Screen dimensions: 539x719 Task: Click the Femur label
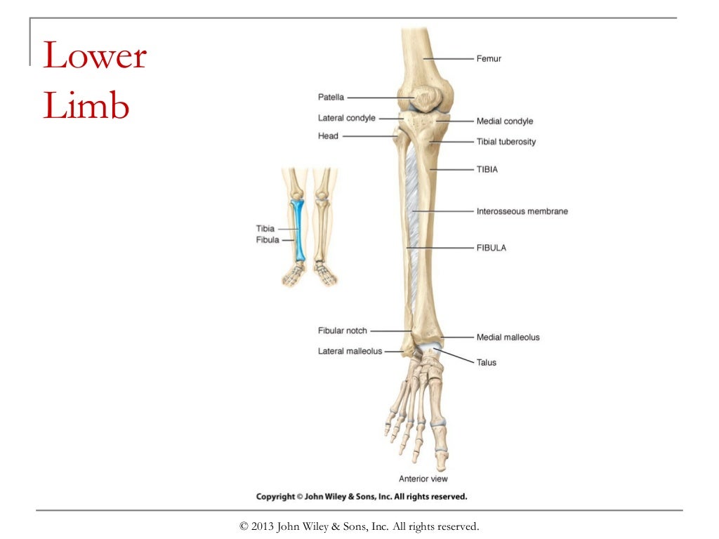click(x=489, y=59)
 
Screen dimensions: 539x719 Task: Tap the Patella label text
click(x=331, y=98)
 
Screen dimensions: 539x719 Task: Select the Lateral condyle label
click(x=346, y=118)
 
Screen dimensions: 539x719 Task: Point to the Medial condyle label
click(x=505, y=121)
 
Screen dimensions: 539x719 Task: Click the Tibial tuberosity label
click(x=506, y=142)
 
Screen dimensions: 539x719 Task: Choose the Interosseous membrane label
click(x=522, y=211)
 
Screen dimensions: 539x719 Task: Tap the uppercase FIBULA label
click(x=492, y=248)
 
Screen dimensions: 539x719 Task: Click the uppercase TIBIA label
click(x=487, y=170)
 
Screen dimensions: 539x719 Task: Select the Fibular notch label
click(x=343, y=331)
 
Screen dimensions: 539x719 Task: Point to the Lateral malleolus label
click(x=350, y=351)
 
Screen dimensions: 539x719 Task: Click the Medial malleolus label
click(x=508, y=338)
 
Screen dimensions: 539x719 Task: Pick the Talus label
click(x=487, y=363)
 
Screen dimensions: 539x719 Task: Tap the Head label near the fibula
click(x=328, y=136)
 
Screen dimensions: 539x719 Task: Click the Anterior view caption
click(x=423, y=479)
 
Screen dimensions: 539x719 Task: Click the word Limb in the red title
click(x=86, y=107)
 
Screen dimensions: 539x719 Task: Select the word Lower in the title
click(x=95, y=56)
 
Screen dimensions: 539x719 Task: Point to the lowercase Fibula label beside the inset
click(x=268, y=240)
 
